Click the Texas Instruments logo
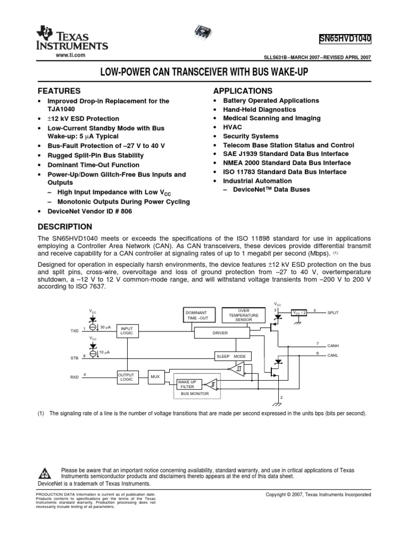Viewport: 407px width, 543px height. [71, 39]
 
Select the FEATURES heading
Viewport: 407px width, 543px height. [58, 91]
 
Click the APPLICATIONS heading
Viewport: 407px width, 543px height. [243, 91]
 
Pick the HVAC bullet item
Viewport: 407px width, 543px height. [232, 127]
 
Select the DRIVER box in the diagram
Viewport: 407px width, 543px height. [220, 332]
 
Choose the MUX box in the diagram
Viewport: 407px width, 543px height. [155, 376]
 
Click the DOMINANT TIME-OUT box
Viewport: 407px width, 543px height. [200, 314]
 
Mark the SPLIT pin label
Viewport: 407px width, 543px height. [333, 313]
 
